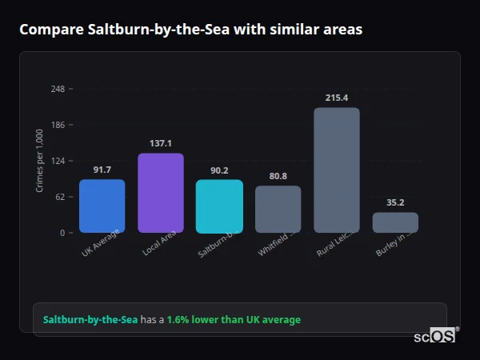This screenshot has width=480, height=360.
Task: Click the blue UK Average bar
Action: click(102, 206)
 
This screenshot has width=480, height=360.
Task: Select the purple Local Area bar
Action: click(161, 193)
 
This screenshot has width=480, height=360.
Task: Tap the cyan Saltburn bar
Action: click(219, 206)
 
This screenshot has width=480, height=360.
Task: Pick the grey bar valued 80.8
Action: click(278, 209)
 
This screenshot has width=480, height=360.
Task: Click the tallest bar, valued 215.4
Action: click(337, 170)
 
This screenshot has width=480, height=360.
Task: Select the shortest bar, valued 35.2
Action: click(395, 222)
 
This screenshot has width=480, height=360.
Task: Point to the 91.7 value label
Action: click(102, 170)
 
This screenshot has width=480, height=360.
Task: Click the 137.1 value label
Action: click(161, 143)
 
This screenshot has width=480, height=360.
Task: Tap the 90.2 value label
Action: click(219, 170)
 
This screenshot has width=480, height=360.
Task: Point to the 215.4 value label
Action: click(337, 98)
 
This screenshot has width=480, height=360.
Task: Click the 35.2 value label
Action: click(395, 202)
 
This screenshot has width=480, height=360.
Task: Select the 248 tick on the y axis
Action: click(58, 89)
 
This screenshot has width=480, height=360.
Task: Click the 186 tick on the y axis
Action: click(58, 125)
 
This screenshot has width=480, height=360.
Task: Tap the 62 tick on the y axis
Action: click(60, 197)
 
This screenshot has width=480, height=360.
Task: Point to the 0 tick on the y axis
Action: click(62, 233)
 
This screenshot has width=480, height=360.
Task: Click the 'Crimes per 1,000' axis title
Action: click(40, 161)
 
